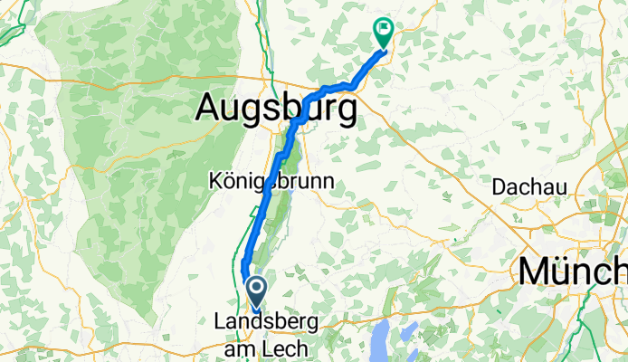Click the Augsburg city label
click(x=276, y=110)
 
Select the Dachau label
click(x=529, y=187)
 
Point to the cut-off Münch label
click(x=571, y=271)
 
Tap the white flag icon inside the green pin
click(x=384, y=29)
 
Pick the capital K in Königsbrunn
click(x=216, y=181)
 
